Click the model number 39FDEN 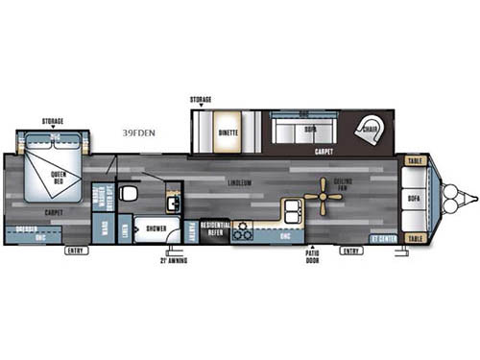[x=141, y=133]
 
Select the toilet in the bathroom [x=132, y=193]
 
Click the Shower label [x=156, y=228]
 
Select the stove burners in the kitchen [x=241, y=229]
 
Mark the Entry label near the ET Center [x=351, y=251]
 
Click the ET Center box [x=384, y=237]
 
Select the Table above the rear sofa [x=416, y=161]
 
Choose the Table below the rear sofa [x=416, y=237]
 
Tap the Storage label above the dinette [x=201, y=99]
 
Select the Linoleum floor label [x=240, y=181]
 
